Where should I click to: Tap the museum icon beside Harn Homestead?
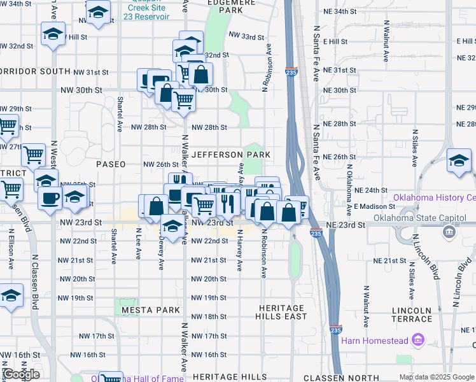click(418, 341)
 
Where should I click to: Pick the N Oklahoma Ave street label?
click(349, 192)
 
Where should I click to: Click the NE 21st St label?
click(389, 261)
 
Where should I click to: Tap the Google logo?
click(20, 374)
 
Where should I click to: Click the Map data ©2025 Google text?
click(436, 377)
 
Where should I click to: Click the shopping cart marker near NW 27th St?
click(33, 155)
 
